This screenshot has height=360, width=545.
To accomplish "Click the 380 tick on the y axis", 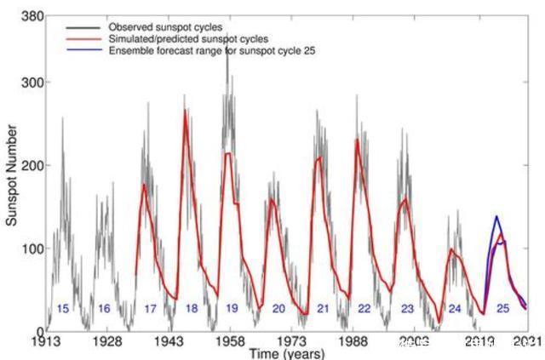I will [31, 16].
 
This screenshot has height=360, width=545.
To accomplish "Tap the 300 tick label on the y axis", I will [31, 83].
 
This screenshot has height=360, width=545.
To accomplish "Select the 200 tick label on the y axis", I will [31, 165].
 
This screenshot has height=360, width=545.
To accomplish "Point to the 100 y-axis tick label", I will [31, 249].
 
